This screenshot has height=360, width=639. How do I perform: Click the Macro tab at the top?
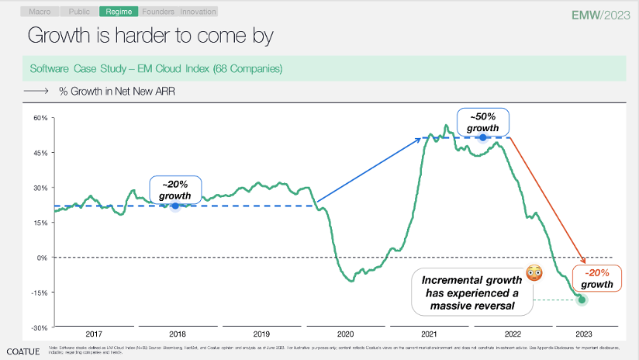click(x=41, y=12)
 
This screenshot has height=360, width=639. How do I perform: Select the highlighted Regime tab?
click(x=119, y=12)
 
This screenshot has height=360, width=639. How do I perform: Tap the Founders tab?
click(x=158, y=12)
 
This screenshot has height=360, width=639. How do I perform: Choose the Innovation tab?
click(x=199, y=12)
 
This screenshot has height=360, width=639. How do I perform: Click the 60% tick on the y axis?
click(x=40, y=118)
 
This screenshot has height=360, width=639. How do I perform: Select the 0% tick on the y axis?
click(x=43, y=258)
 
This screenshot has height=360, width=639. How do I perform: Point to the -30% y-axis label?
click(x=40, y=327)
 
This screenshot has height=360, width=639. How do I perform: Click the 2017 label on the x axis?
click(x=95, y=334)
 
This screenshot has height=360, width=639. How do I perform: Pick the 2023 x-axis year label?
click(x=584, y=334)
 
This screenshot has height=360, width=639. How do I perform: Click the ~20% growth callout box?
click(x=175, y=190)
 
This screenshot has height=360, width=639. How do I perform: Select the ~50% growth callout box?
click(x=482, y=122)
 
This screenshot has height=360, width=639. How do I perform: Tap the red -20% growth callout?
click(x=597, y=279)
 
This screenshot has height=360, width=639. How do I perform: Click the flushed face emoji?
click(x=533, y=272)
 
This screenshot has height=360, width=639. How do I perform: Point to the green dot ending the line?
click(x=582, y=300)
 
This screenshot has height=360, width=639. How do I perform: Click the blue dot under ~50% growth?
click(x=482, y=137)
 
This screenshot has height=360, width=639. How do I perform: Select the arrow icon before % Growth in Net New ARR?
click(x=37, y=91)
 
